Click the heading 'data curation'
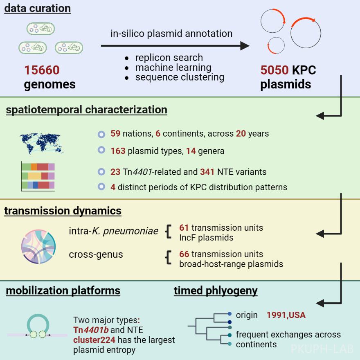[37, 9]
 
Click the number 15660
[42, 70]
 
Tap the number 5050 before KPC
[274, 70]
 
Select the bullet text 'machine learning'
[173, 67]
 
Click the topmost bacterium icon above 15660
[40, 29]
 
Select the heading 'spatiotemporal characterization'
[86, 110]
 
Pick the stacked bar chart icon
[38, 176]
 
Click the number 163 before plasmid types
[118, 151]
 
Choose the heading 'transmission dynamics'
[63, 211]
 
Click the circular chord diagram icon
[38, 245]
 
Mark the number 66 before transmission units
[184, 254]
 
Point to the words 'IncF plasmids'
[206, 237]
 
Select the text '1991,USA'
[286, 315]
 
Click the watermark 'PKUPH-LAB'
[322, 349]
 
